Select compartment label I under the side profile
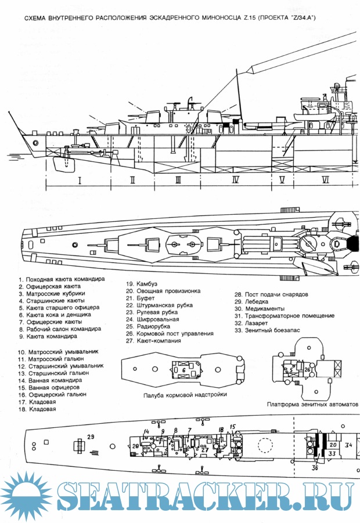(x=80, y=181)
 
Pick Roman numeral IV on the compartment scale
(x=235, y=181)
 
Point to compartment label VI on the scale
(x=325, y=181)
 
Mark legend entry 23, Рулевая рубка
(x=154, y=312)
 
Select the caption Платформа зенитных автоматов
(x=312, y=404)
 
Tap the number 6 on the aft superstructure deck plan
(x=183, y=370)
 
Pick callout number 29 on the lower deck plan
(x=90, y=437)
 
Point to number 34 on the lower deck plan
(x=348, y=445)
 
